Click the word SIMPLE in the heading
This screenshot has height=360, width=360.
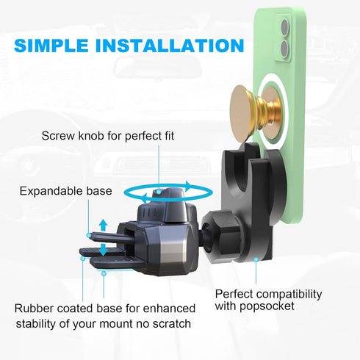[51, 46]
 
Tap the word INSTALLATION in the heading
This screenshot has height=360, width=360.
[170, 46]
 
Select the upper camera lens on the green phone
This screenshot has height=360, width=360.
[284, 27]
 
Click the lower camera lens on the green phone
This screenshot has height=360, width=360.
[284, 48]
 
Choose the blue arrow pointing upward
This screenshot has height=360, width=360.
[103, 225]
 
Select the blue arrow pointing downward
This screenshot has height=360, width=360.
[103, 250]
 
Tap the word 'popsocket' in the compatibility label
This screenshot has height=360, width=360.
[267, 306]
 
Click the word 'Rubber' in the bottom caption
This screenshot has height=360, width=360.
[35, 309]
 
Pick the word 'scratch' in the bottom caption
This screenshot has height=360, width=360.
[172, 324]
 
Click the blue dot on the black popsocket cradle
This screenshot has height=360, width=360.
[256, 259]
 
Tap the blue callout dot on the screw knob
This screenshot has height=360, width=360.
[159, 192]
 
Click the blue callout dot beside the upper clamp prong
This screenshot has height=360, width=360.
[89, 235]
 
